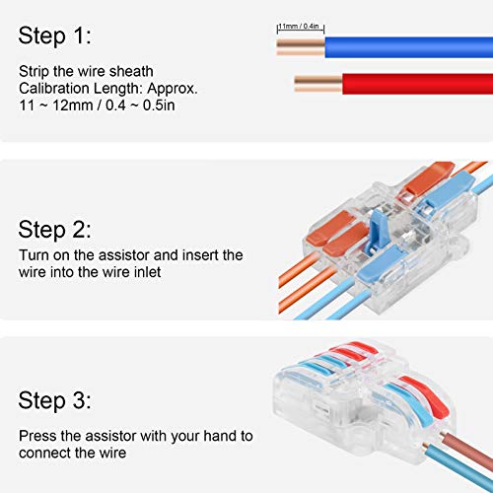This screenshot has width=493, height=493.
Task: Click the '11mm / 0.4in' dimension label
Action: (301, 27)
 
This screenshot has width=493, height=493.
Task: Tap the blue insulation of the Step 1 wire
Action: (404, 45)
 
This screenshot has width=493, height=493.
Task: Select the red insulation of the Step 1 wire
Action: (414, 81)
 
